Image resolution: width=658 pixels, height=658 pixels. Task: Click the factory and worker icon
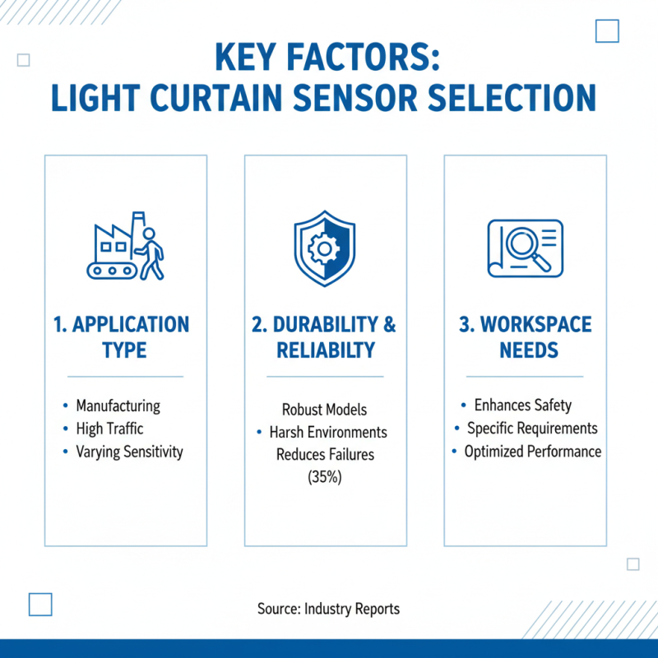point(125,246)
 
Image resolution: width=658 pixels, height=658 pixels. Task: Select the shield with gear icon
point(324,244)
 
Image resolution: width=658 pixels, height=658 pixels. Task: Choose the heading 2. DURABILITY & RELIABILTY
point(324,337)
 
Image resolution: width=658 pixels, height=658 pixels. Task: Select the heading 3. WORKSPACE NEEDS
point(525,337)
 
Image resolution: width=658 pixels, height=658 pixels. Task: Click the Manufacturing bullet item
point(118,405)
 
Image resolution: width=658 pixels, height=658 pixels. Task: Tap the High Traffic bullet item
point(109,429)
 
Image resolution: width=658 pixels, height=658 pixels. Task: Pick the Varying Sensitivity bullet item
point(129,452)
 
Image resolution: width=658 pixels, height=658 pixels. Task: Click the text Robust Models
point(324,410)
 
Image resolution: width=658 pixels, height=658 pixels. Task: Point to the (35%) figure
point(324,476)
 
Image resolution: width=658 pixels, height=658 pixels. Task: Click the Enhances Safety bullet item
point(522,405)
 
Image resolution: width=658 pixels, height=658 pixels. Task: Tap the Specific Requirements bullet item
point(532,429)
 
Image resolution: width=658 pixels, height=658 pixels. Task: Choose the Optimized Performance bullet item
point(532,452)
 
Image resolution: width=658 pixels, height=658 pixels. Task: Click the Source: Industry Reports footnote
point(328,609)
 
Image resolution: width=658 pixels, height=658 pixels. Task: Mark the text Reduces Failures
point(324,454)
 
